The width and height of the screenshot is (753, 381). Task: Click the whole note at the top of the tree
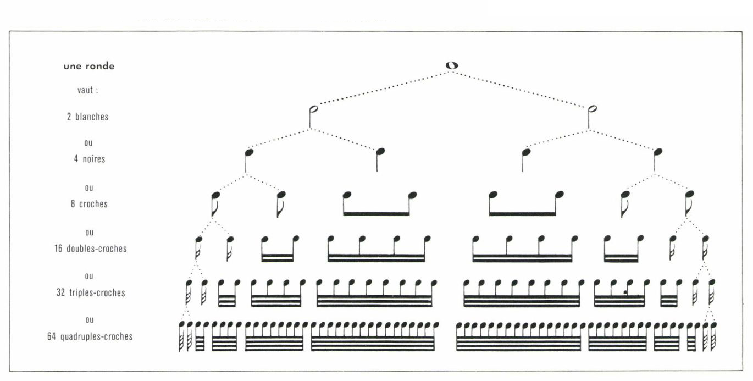451,65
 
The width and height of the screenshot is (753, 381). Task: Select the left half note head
314,109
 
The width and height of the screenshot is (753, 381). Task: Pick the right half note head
593,109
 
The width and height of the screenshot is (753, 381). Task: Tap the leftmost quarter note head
249,152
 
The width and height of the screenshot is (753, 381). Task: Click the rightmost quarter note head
658,152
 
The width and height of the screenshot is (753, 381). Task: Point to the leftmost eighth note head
215,195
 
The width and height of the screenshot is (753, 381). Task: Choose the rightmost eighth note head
689,194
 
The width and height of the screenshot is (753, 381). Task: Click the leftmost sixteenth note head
198,239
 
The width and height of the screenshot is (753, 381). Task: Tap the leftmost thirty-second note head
189,283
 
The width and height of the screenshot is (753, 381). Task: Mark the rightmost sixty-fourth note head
713,325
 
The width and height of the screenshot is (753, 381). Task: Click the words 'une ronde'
89,66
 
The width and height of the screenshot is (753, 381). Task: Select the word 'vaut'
85,90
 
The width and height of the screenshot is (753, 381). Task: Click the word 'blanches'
92,117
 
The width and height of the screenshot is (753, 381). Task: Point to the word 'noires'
94,159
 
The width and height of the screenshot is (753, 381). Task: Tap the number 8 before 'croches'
73,204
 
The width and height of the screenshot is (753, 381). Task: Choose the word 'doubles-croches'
97,249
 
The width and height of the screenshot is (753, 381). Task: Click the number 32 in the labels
60,292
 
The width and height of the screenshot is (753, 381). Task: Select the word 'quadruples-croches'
97,336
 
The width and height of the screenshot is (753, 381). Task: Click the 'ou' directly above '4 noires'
88,143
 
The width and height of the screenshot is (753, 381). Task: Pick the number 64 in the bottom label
52,336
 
